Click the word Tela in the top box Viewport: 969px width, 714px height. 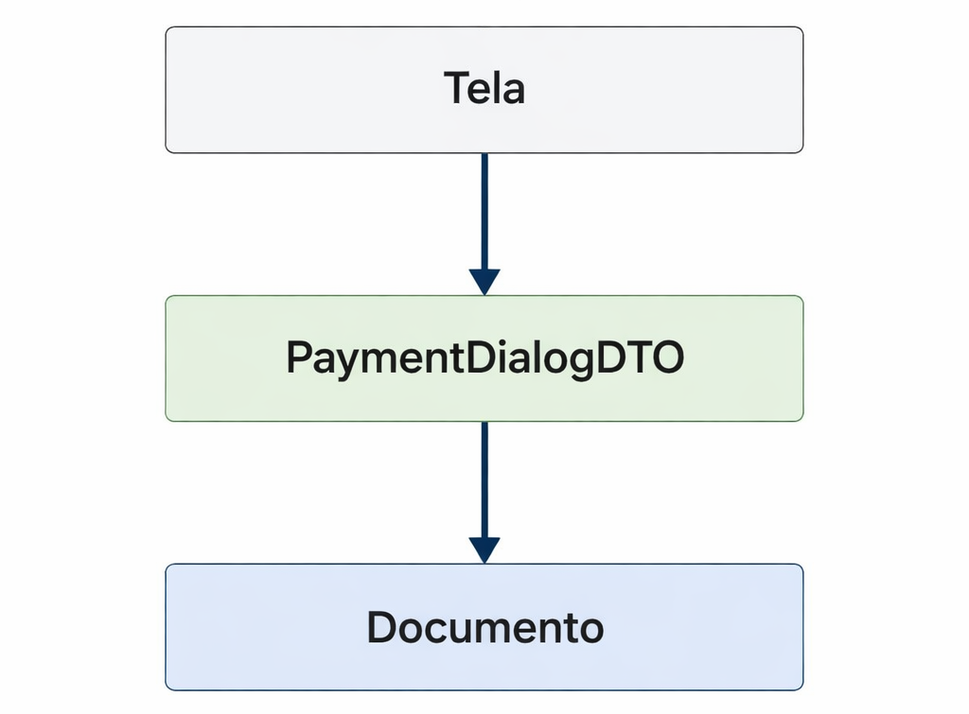coord(484,89)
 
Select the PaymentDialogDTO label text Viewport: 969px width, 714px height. coord(484,358)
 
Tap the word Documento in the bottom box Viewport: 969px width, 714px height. coord(484,627)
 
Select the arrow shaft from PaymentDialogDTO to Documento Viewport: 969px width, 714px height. coord(484,479)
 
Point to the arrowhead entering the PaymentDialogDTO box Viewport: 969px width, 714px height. coord(484,281)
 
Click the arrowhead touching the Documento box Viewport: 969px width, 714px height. coord(484,549)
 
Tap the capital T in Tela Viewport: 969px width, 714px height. coord(456,89)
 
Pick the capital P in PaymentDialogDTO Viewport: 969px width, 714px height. coord(298,358)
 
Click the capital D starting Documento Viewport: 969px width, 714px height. coord(380,627)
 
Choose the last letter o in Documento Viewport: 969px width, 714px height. coord(590,629)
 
